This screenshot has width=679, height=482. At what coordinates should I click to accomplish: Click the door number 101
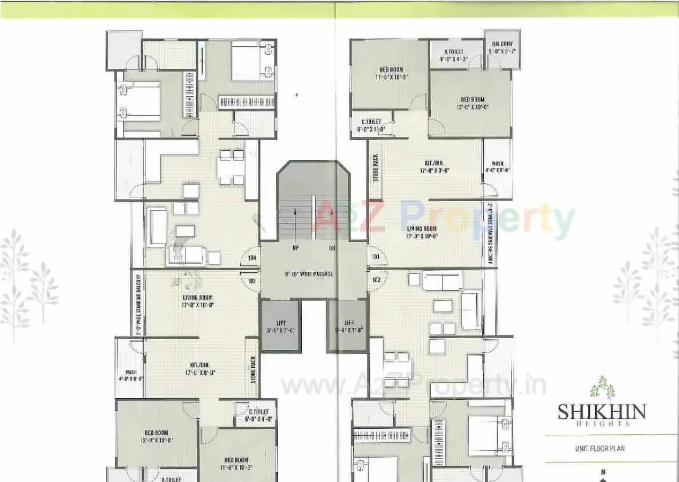[x=376, y=257]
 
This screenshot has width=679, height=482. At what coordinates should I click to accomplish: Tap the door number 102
[x=376, y=280]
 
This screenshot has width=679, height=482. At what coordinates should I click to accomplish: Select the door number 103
[x=251, y=280]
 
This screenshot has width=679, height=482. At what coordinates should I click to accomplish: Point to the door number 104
[x=251, y=257]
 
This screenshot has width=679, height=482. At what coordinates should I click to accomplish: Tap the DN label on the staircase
[x=332, y=248]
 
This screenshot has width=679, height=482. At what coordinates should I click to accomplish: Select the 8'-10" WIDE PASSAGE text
[x=309, y=274]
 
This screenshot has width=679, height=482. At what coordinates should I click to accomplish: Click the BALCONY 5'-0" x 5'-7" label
[x=502, y=48]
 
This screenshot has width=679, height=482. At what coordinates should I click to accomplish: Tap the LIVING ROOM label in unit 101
[x=422, y=232]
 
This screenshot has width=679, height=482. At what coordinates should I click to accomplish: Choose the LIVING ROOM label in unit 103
[x=197, y=301]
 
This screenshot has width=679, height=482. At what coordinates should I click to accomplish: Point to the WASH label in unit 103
[x=130, y=375]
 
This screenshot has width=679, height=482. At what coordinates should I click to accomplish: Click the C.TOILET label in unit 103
[x=259, y=415]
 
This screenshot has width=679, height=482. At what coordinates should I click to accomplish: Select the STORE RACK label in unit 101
[x=375, y=168]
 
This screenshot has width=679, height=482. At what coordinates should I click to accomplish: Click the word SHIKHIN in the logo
[x=602, y=411]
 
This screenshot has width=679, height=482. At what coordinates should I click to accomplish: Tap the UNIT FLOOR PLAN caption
[x=600, y=449]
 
